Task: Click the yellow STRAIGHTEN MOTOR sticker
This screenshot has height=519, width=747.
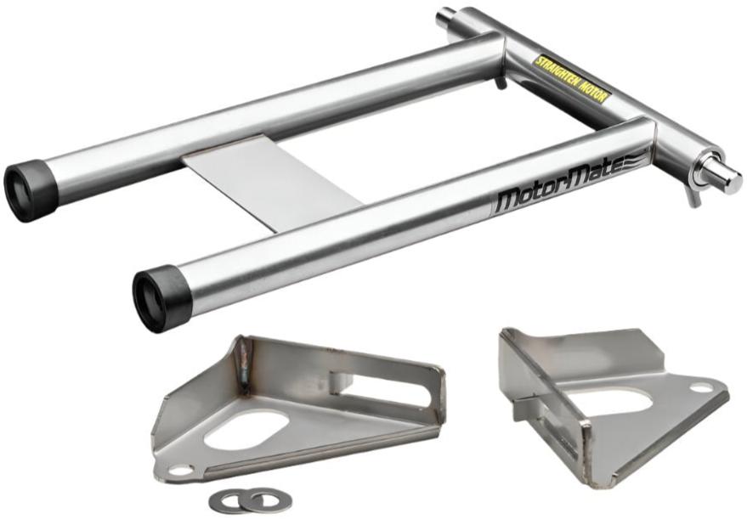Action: coord(571,78)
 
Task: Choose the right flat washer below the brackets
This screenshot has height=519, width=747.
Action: coord(261,499)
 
